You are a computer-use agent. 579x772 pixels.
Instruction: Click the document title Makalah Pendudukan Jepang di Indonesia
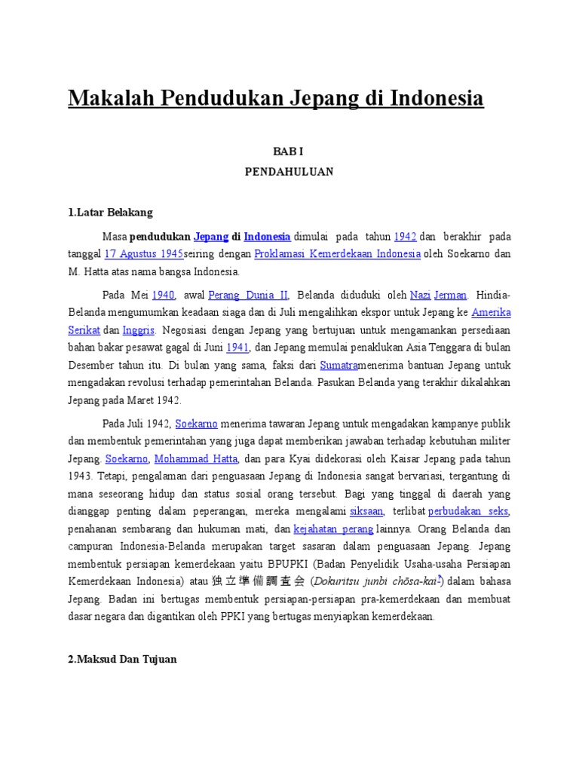point(276,99)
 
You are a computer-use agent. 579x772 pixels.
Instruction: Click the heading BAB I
point(289,152)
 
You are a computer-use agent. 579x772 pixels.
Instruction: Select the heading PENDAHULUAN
point(289,171)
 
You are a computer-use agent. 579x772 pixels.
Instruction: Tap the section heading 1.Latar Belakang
point(110,213)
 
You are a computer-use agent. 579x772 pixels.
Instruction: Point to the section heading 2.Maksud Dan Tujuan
point(122,659)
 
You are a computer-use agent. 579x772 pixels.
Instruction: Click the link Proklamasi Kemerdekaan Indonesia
point(337,254)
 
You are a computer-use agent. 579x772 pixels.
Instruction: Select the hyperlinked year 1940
point(163,295)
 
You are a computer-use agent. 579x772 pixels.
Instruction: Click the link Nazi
point(420,295)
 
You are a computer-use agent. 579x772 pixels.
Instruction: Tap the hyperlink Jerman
point(451,295)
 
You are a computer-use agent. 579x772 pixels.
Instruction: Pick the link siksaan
point(366,512)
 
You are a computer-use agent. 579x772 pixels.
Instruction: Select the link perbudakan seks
point(467,512)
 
